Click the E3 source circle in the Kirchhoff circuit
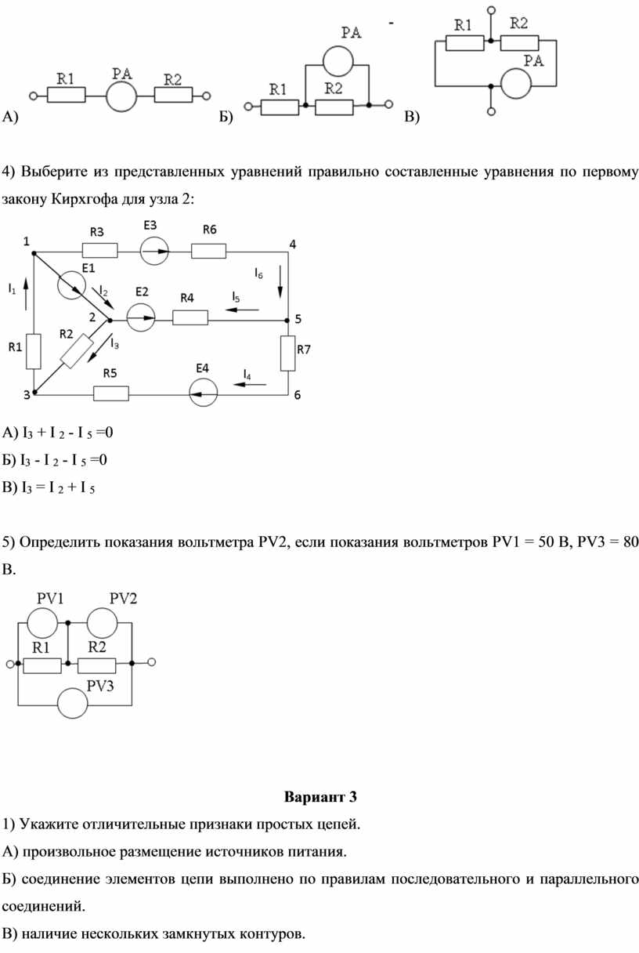pyautogui.click(x=154, y=251)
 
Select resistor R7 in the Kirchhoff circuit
pyautogui.click(x=288, y=353)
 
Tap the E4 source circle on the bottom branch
pyautogui.click(x=204, y=393)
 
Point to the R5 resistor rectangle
pyautogui.click(x=111, y=393)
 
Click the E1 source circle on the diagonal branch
pyautogui.click(x=71, y=284)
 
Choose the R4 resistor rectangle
pyautogui.click(x=190, y=318)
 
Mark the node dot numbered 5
pyautogui.click(x=288, y=319)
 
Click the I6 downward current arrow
pyautogui.click(x=280, y=281)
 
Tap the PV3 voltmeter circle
pyautogui.click(x=73, y=703)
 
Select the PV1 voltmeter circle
pyautogui.click(x=42, y=623)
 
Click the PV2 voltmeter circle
pyautogui.click(x=102, y=623)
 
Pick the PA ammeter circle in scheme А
pyautogui.click(x=121, y=96)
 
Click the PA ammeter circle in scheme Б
pyautogui.click(x=338, y=62)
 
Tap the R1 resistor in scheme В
pyautogui.click(x=464, y=43)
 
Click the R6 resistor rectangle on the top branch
pyautogui.click(x=209, y=251)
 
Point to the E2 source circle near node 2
pyautogui.click(x=141, y=317)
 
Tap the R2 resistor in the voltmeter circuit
pyautogui.click(x=96, y=666)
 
